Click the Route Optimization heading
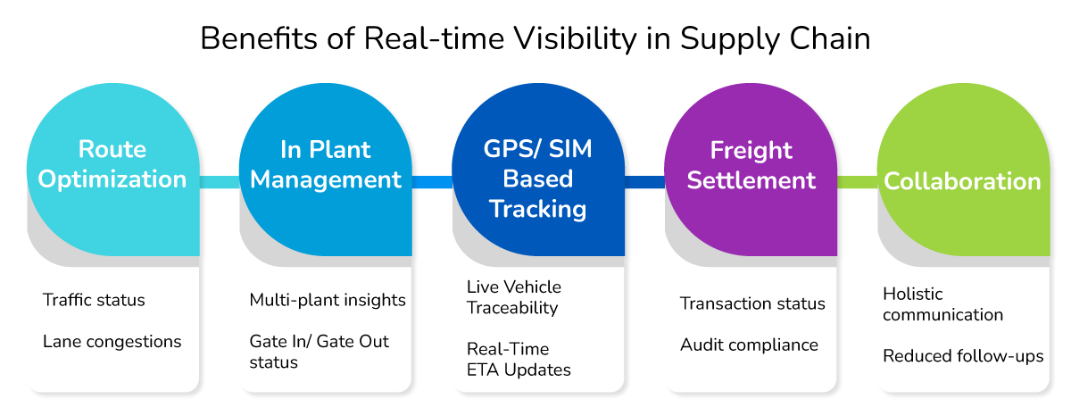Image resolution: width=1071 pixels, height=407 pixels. [112, 164]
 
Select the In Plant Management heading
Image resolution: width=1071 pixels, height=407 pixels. [326, 164]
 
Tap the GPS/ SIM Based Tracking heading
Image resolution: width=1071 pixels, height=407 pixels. [537, 179]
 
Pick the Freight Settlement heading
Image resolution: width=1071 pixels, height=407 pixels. [751, 165]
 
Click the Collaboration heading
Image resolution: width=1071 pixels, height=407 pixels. [962, 181]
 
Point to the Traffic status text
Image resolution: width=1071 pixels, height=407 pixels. [94, 300]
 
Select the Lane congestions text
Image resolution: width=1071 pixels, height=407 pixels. [112, 342]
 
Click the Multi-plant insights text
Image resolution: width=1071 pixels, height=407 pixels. [328, 300]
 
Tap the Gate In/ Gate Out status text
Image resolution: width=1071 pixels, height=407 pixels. [319, 352]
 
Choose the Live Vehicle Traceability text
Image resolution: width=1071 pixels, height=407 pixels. [513, 297]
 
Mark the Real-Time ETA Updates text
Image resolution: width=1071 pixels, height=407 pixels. [519, 359]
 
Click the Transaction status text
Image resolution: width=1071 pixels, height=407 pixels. [752, 303]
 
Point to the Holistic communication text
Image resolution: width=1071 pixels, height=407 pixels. [942, 303]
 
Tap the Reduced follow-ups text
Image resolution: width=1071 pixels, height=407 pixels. [963, 356]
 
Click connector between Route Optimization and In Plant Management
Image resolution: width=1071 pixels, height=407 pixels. [219, 182]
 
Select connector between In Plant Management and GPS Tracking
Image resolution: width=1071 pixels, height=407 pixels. [432, 182]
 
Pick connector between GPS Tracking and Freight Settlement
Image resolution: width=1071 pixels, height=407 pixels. [644, 182]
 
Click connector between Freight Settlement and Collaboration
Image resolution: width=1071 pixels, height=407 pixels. [857, 182]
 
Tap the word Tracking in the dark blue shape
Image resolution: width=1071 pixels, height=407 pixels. [537, 209]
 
